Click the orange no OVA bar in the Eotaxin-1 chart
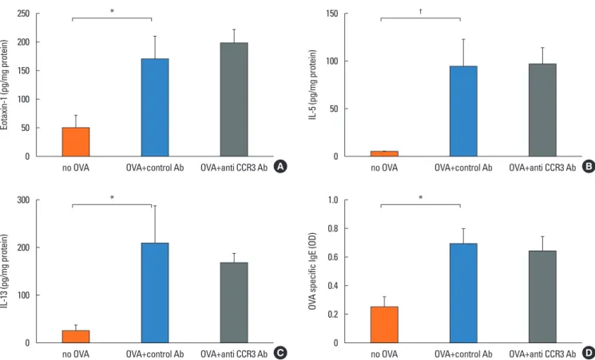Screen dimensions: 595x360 (x=76, y=142)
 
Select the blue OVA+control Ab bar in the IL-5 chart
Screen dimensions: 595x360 (x=463, y=111)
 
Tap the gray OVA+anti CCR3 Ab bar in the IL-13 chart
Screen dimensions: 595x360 (x=234, y=303)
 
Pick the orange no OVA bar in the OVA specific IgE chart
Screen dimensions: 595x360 (x=384, y=325)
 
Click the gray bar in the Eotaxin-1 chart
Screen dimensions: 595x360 (x=234, y=100)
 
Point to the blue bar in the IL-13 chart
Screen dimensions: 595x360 (x=155, y=293)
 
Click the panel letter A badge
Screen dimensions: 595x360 (x=280, y=166)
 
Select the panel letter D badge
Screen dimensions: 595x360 (x=587, y=353)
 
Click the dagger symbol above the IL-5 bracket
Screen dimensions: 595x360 (x=420, y=11)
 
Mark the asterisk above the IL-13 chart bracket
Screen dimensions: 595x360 (x=112, y=198)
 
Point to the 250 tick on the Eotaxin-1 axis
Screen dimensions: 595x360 (x=24, y=14)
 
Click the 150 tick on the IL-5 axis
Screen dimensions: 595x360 (x=331, y=14)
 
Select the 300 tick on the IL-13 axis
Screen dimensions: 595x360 (x=24, y=200)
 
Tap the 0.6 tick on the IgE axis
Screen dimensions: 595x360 (x=333, y=257)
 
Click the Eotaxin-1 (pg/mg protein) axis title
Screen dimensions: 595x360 (x=5, y=85)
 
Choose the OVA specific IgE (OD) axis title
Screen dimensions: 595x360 (x=313, y=271)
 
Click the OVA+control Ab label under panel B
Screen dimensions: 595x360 (x=463, y=168)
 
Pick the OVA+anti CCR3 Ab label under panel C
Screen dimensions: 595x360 (x=234, y=354)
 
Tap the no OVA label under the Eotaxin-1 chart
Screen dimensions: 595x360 (x=76, y=168)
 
